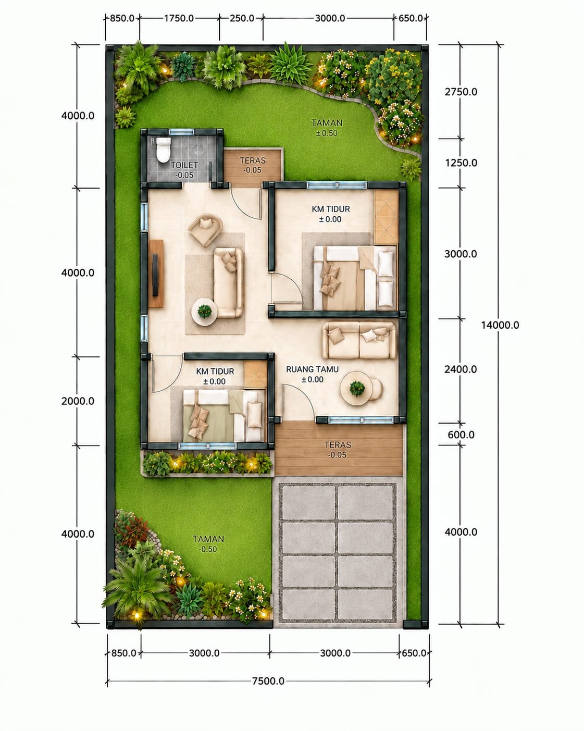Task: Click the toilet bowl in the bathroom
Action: pos(163,150)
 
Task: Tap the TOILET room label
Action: pos(184,165)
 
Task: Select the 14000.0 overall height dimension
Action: pos(500,325)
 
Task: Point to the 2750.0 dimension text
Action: pos(461,92)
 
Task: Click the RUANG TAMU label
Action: pos(312,369)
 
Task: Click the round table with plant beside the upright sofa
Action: pos(204,312)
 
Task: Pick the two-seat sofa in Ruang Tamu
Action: pos(359,340)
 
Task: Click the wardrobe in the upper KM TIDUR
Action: pos(386,217)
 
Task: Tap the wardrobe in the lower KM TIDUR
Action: pos(256,375)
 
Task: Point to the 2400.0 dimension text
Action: pos(461,369)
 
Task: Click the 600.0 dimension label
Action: pos(461,435)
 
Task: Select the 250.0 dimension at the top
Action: pos(242,18)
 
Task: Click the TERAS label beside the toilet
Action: pos(253,160)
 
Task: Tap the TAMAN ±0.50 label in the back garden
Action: pos(327,128)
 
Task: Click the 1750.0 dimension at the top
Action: pos(179,18)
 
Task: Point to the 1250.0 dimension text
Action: pos(461,163)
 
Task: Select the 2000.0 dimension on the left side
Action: pos(78,401)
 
